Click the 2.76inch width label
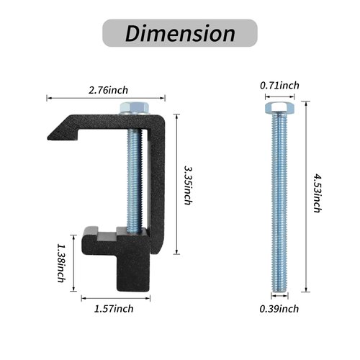pyautogui.click(x=108, y=90)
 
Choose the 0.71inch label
pyautogui.click(x=279, y=86)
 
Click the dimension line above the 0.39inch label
pyautogui.click(x=277, y=297)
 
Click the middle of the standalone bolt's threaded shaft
pyautogui.click(x=277, y=202)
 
